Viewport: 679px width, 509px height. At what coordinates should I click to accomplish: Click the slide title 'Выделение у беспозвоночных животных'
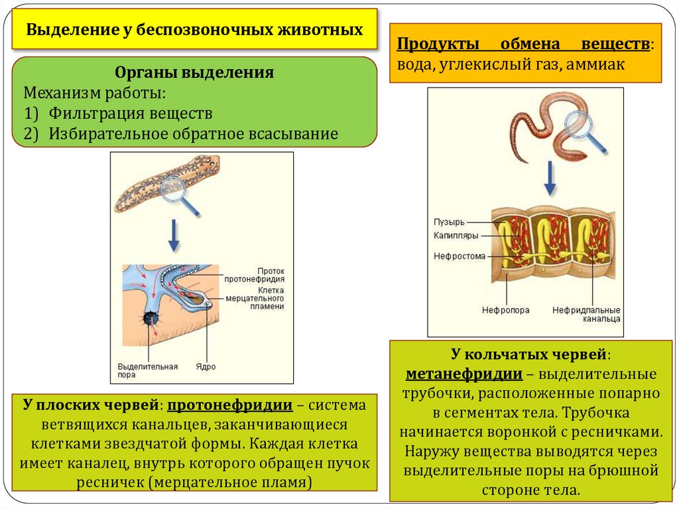click(x=194, y=30)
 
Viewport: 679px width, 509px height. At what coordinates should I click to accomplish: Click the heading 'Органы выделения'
click(x=194, y=72)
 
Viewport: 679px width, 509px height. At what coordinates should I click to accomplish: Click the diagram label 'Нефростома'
click(x=460, y=255)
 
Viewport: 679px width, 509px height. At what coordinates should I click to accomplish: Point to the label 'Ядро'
click(x=206, y=366)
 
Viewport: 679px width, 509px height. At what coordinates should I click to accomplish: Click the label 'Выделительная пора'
click(x=139, y=370)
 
